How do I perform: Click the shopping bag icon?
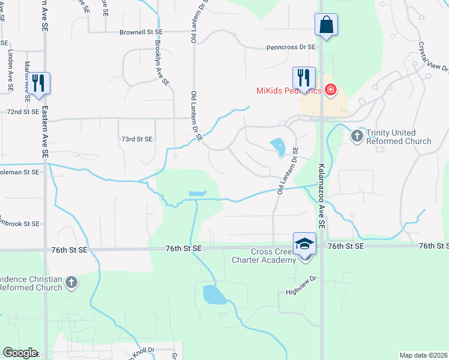click(x=326, y=25)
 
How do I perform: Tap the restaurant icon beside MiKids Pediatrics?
click(x=304, y=78)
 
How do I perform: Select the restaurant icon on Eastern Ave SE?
click(x=39, y=83)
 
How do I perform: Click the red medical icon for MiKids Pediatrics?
click(x=330, y=91)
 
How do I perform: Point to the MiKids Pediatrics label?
click(x=288, y=91)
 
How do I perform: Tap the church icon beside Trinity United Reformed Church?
click(x=357, y=136)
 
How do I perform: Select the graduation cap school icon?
click(x=304, y=244)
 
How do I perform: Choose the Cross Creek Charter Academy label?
click(x=264, y=256)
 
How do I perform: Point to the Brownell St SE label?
click(x=141, y=31)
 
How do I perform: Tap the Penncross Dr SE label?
click(x=291, y=47)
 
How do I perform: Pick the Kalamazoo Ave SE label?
click(x=322, y=196)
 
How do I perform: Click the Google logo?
click(x=20, y=353)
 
